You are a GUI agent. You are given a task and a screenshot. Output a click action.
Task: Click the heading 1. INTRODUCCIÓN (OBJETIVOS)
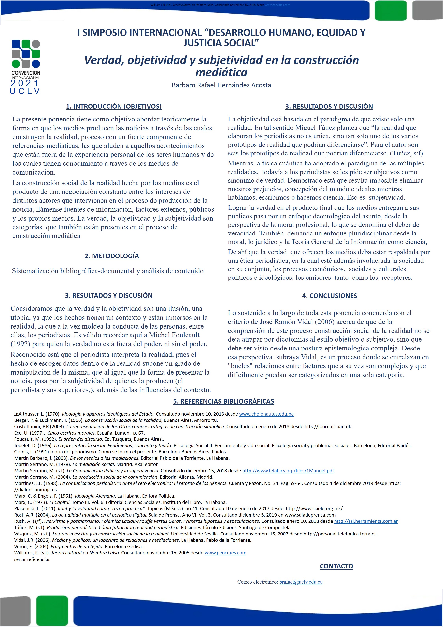tap(114, 106)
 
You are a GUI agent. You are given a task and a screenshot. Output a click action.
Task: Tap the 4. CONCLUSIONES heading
tap(329, 296)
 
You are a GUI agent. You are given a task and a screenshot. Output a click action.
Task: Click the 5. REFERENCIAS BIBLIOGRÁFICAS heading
tap(223, 401)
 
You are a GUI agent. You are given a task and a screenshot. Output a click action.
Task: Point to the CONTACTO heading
tap(336, 566)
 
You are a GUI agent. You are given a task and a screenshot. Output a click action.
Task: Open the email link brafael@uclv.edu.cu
tap(301, 582)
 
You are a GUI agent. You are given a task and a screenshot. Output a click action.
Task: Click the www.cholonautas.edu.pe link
tap(266, 414)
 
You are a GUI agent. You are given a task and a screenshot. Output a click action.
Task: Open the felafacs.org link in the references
tap(288, 471)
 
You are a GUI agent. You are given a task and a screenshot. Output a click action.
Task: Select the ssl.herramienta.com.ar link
tap(366, 521)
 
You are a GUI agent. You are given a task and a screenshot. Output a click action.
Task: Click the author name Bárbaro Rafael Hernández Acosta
tap(221, 85)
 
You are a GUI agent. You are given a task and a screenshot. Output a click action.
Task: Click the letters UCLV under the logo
tap(25, 91)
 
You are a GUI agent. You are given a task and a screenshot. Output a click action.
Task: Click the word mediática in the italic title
tap(221, 72)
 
